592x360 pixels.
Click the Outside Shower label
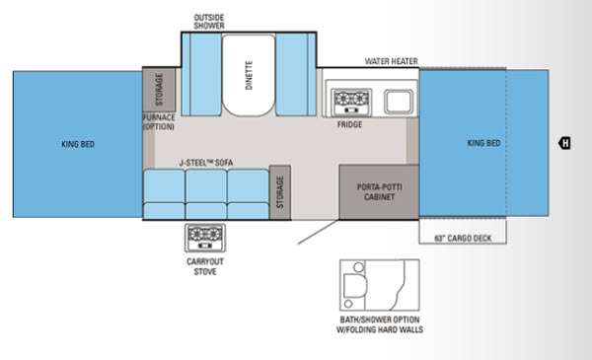click(x=209, y=22)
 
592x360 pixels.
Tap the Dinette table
click(x=249, y=75)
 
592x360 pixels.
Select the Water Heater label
click(x=391, y=61)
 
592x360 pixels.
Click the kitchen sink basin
click(x=399, y=102)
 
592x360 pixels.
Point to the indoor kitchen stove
click(x=351, y=102)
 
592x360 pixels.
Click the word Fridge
click(x=349, y=124)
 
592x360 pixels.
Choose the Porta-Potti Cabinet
click(x=379, y=191)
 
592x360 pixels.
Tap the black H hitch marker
click(x=564, y=143)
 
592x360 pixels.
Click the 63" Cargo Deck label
click(x=463, y=238)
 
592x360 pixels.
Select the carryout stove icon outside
click(x=205, y=238)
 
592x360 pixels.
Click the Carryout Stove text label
click(x=205, y=266)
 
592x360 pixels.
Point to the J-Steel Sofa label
click(x=206, y=163)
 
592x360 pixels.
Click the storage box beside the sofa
click(x=280, y=192)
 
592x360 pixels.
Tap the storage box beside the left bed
click(x=159, y=90)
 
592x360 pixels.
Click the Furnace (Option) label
click(x=159, y=122)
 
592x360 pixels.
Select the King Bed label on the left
click(x=78, y=144)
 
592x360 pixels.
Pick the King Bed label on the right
click(x=483, y=143)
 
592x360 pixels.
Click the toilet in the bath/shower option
click(x=355, y=285)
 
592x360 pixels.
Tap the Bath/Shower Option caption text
click(x=380, y=324)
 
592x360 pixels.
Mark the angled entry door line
click(x=318, y=232)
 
